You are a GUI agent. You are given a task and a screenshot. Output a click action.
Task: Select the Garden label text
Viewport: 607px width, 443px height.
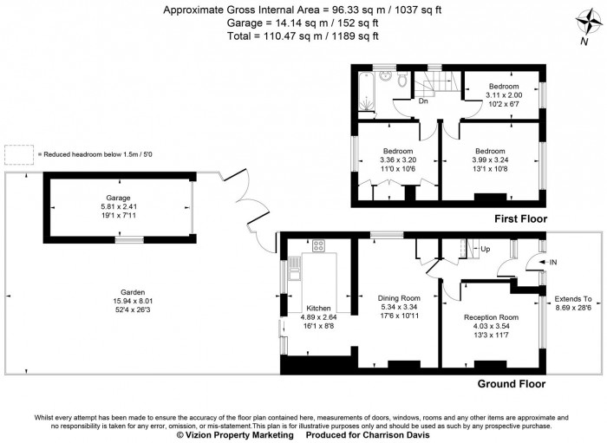pyautogui.click(x=133, y=293)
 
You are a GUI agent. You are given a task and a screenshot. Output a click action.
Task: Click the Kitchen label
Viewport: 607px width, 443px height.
pyautogui.click(x=318, y=308)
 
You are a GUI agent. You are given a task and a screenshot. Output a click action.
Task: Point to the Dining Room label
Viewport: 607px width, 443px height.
pyautogui.click(x=398, y=297)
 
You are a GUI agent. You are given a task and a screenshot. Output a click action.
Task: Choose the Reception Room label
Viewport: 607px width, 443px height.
pyautogui.click(x=491, y=317)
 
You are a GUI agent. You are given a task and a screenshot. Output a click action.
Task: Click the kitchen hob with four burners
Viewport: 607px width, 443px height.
pyautogui.click(x=318, y=246)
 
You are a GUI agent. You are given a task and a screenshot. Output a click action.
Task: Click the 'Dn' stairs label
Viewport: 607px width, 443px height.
pyautogui.click(x=423, y=101)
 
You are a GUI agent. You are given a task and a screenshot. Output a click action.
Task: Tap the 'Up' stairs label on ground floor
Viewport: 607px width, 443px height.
pyautogui.click(x=485, y=249)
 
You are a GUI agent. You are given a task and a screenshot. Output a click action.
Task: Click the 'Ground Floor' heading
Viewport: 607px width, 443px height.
pyautogui.click(x=512, y=383)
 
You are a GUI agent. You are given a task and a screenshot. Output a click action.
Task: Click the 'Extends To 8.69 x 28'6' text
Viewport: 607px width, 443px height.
pyautogui.click(x=573, y=303)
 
